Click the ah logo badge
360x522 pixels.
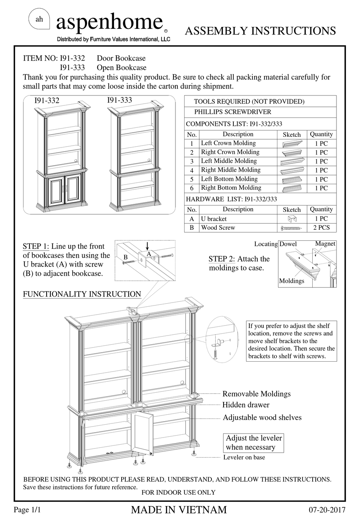(39, 20)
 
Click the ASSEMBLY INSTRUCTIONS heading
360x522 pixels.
(260, 31)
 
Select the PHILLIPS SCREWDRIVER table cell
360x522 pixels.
(233, 112)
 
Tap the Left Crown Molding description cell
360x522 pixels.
(228, 143)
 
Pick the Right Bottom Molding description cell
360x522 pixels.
(231, 188)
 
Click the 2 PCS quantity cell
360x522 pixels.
(321, 227)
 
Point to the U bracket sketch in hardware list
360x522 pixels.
(292, 219)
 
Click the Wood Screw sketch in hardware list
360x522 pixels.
(291, 228)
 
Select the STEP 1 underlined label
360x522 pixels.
(36, 246)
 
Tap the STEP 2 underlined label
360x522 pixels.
(222, 259)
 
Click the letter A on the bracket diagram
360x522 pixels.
(149, 254)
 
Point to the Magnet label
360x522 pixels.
(325, 244)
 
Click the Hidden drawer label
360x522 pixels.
(246, 405)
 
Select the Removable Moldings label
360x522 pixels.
(256, 394)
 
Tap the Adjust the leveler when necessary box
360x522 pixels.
(254, 442)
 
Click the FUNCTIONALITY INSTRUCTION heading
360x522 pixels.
(82, 294)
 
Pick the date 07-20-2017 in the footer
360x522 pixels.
(327, 510)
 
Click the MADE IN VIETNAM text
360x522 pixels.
(179, 510)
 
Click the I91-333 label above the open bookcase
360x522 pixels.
(119, 100)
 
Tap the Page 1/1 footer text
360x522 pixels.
(27, 510)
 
